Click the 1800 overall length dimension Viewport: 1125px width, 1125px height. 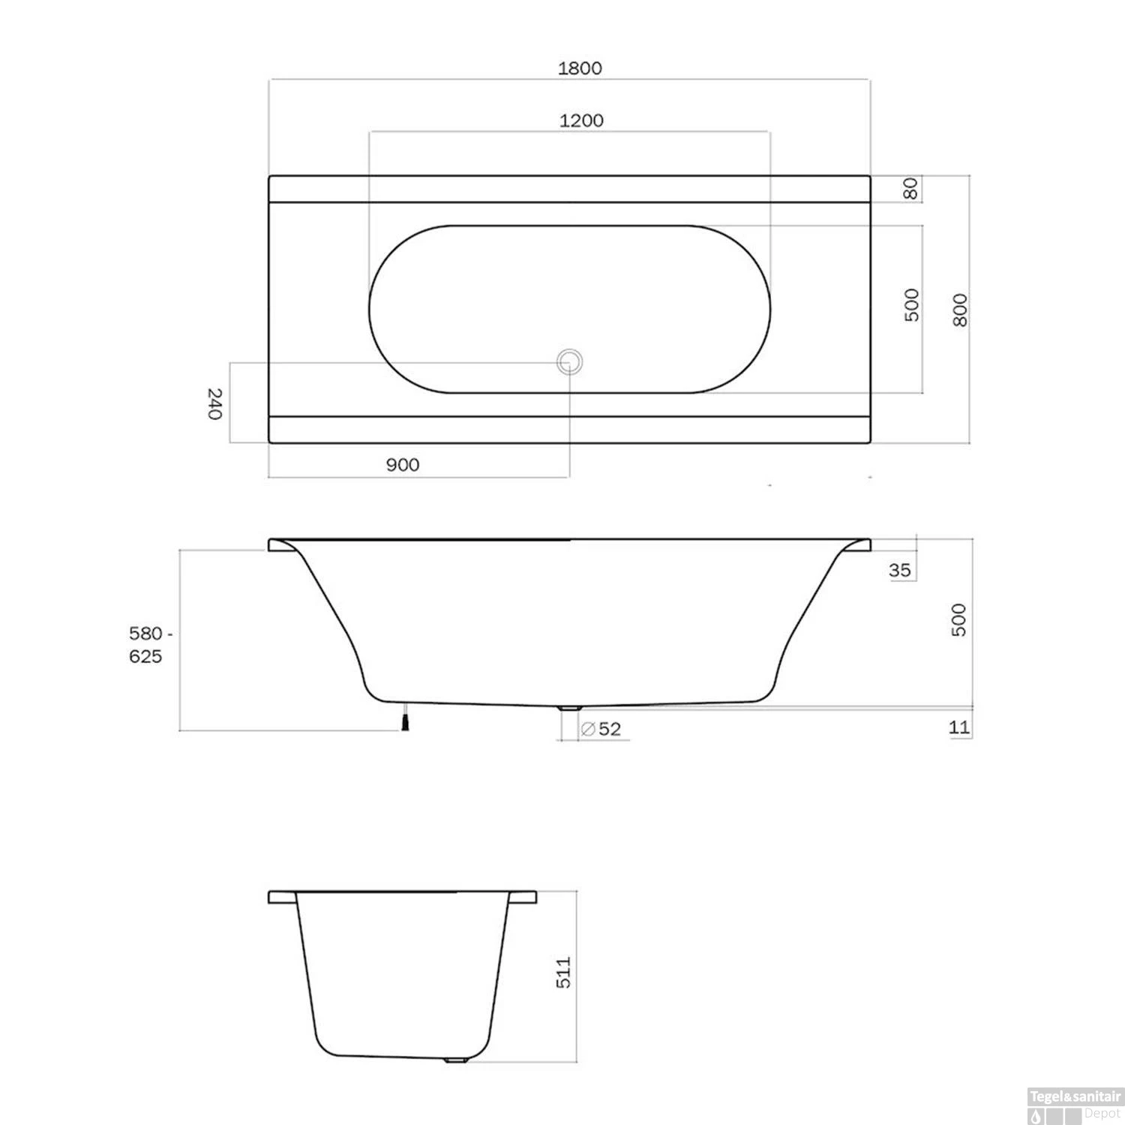[x=580, y=68]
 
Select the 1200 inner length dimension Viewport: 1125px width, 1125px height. [x=581, y=121]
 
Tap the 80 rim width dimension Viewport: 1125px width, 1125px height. [x=910, y=189]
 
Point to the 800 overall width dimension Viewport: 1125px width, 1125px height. [x=960, y=310]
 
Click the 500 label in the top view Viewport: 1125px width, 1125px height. [x=911, y=304]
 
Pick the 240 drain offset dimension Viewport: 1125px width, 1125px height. [x=214, y=403]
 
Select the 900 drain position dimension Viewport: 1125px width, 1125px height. [x=403, y=465]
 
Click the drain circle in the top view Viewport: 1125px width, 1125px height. [x=568, y=362]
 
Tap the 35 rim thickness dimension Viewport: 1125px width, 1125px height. [x=900, y=570]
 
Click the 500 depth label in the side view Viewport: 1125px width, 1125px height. [x=958, y=619]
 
